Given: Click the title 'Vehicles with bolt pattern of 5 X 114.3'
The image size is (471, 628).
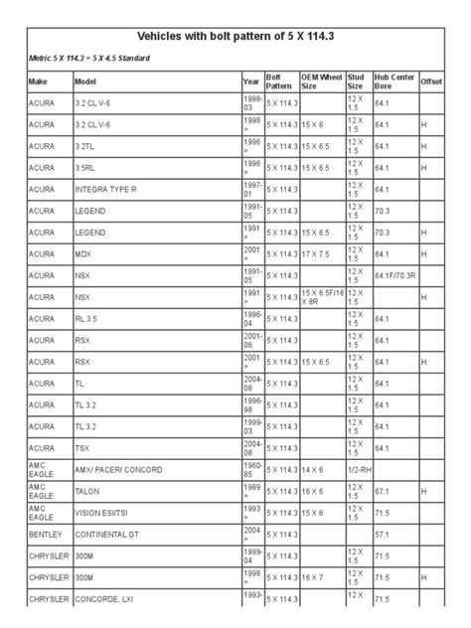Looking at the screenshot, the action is [235, 35].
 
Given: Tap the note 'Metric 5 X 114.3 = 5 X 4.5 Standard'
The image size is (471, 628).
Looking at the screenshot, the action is [89, 59].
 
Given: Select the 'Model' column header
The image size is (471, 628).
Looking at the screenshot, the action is [85, 80].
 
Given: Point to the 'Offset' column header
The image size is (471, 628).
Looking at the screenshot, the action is [432, 80].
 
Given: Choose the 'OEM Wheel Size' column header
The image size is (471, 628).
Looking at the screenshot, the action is [321, 80].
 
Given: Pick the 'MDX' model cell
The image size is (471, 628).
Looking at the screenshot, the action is [83, 253].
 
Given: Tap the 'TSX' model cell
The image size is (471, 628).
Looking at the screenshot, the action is [83, 447].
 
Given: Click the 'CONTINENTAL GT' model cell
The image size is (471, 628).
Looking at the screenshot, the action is [109, 533].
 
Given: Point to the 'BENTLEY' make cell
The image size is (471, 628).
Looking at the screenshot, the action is [47, 533].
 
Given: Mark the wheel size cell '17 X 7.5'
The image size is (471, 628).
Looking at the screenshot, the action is [318, 253].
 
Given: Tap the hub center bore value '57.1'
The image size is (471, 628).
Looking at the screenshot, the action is [383, 533].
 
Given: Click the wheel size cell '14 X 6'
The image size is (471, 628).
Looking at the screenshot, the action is [313, 468].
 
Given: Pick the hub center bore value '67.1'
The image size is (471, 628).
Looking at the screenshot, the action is [383, 490].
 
